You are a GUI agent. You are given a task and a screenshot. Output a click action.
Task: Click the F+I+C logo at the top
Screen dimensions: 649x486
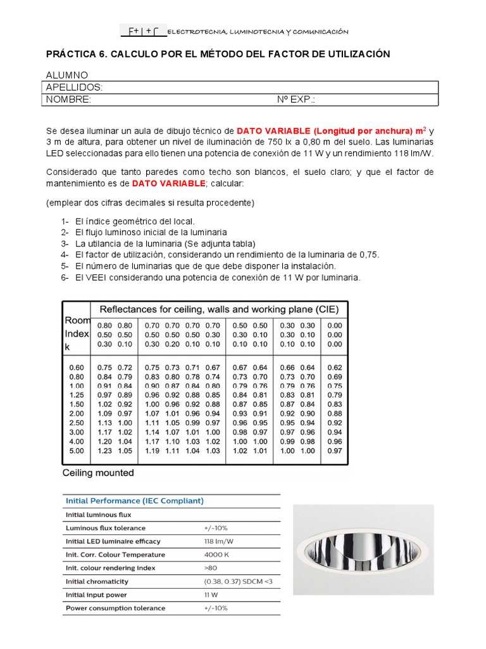point(144,32)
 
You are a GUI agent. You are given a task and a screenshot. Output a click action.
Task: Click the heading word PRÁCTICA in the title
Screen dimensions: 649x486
point(74,55)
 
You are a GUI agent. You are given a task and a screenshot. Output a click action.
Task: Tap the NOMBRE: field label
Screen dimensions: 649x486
point(68,100)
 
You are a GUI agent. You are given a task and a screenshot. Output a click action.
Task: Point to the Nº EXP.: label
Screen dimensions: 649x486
point(296,100)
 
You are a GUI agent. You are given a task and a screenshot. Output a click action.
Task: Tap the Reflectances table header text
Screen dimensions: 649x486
point(219,309)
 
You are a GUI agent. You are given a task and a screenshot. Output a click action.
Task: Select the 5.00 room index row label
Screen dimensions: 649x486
point(76,451)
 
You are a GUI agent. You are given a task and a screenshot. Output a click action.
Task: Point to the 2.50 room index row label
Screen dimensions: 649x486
point(76,422)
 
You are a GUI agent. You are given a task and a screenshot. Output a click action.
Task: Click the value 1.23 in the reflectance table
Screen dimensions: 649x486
point(105,451)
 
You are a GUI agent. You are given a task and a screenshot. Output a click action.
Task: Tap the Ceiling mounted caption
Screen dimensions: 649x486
point(98,473)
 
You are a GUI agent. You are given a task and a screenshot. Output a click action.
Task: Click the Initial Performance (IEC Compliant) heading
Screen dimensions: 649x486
point(135,501)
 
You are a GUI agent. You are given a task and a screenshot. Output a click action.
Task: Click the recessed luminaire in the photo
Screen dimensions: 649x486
point(363,550)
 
